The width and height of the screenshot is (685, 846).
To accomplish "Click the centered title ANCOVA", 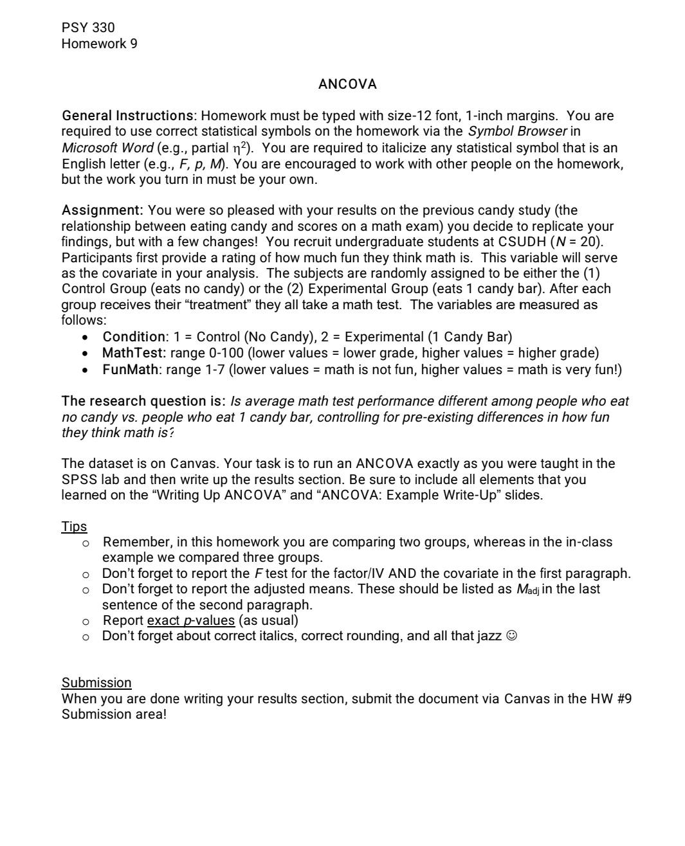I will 347,84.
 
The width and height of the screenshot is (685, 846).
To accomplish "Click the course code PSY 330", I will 88,28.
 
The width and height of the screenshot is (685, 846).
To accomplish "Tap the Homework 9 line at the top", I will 99,44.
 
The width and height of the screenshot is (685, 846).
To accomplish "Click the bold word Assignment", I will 101,210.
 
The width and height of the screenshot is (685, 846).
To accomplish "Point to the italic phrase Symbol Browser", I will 517,132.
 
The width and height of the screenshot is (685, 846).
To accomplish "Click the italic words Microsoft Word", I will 107,148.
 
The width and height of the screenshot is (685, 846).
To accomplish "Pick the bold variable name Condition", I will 134,337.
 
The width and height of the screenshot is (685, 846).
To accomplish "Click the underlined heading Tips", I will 74,526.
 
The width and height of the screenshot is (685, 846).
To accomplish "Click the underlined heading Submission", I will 96,683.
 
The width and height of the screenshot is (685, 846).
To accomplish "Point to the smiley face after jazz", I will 512,636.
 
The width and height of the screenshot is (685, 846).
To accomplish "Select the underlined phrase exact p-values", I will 191,620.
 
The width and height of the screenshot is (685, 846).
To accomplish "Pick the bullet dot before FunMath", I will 86,370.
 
